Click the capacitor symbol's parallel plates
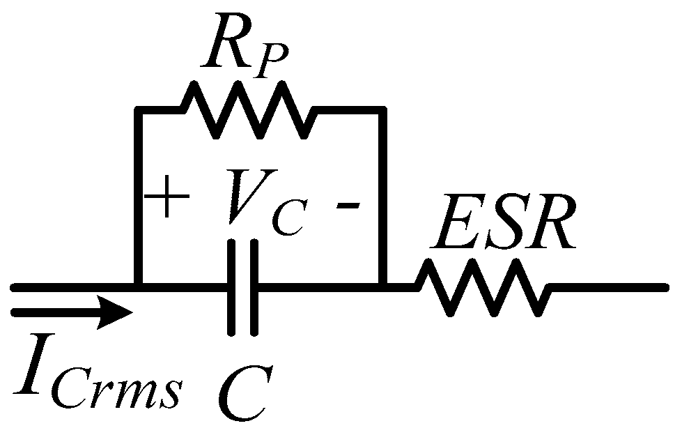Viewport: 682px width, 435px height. point(243,287)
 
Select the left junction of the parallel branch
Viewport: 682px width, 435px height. point(139,287)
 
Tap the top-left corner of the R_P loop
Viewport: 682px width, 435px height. point(139,109)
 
